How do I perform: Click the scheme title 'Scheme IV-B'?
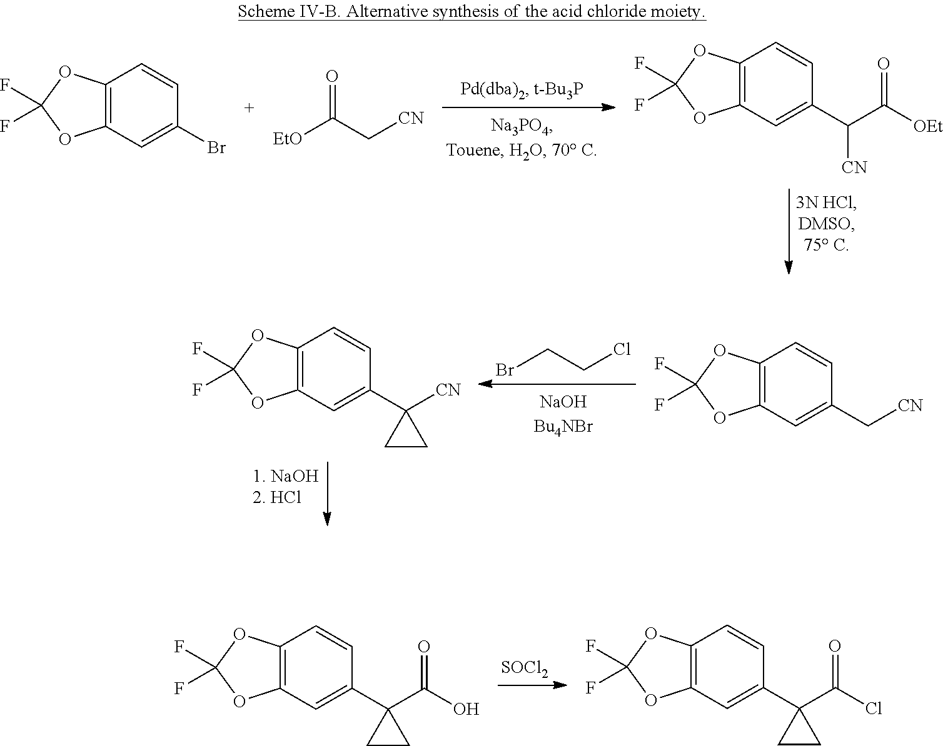coord(289,11)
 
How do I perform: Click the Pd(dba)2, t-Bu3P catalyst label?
coord(522,90)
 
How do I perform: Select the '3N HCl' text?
coord(826,202)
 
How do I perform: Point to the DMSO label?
coord(826,224)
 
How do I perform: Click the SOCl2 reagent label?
coord(524,669)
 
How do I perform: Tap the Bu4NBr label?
coord(563,427)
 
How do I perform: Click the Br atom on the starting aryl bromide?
coord(216,148)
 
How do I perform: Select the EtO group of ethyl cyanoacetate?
coord(287,139)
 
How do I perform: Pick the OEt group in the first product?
coord(927,127)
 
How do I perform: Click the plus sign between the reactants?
coord(250,107)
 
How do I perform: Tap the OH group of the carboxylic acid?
coord(466,709)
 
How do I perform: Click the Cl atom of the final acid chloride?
coord(874,709)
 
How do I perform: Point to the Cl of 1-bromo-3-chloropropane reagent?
coord(622,349)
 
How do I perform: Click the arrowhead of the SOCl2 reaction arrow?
coord(561,685)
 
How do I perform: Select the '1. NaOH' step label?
coord(286,476)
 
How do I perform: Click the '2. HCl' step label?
coord(277,498)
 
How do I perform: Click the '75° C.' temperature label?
coord(826,245)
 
